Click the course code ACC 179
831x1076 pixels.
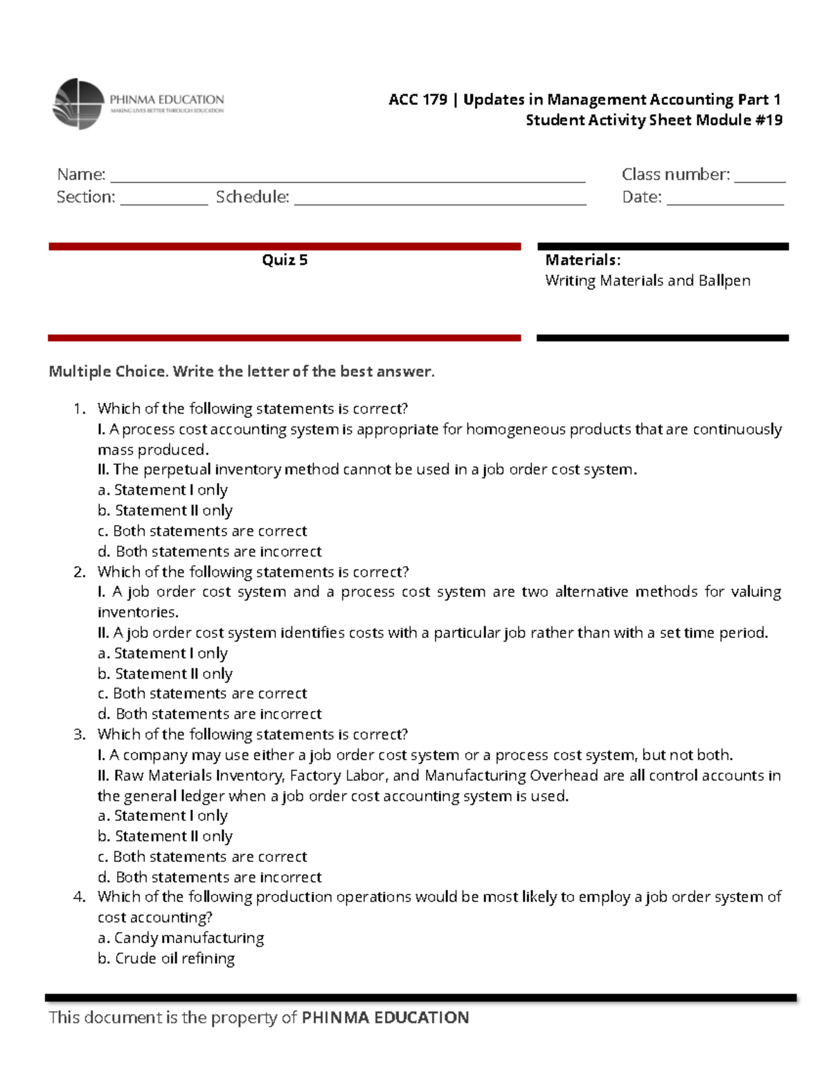tap(418, 100)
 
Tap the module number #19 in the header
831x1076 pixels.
tap(769, 120)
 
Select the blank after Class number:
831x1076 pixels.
tap(759, 177)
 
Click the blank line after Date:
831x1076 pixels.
tap(724, 200)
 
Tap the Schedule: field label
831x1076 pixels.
tap(252, 197)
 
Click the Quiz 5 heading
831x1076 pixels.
tap(285, 260)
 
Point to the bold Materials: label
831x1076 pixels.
tap(582, 260)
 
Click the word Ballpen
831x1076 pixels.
tap(724, 281)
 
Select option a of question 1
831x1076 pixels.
tap(163, 490)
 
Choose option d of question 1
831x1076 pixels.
tap(210, 552)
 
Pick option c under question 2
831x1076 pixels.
tap(202, 694)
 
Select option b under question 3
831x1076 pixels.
tap(165, 836)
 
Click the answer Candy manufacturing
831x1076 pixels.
tap(181, 938)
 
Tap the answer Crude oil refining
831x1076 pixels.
tap(166, 958)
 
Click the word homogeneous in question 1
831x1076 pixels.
tap(515, 430)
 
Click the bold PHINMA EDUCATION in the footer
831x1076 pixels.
tap(385, 1017)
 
